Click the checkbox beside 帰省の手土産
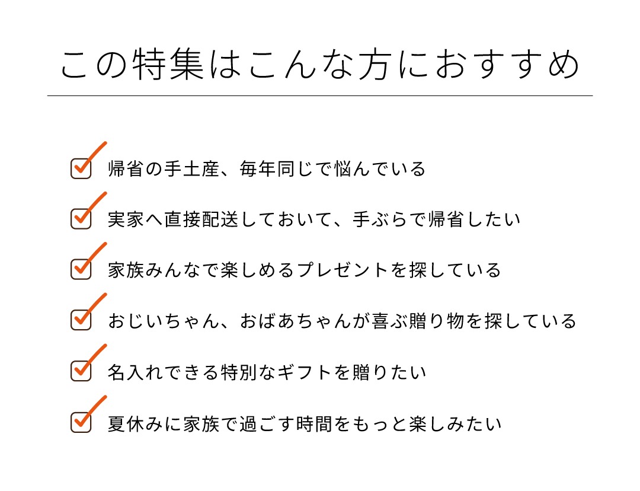point(81,168)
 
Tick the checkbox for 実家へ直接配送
point(81,219)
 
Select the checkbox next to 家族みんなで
point(81,270)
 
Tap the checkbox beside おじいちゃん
point(81,320)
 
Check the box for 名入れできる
point(81,371)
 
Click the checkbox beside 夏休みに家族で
point(81,422)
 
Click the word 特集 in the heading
point(168,64)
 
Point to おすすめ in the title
point(507,64)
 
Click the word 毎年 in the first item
point(257,168)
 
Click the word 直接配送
point(201,219)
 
